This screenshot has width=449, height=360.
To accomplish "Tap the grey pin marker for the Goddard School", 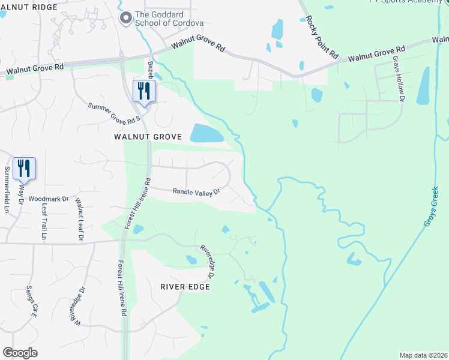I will (x=126, y=19).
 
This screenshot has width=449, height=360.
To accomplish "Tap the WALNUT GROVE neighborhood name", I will (x=148, y=137).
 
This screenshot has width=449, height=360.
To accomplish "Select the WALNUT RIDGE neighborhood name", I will (x=28, y=7).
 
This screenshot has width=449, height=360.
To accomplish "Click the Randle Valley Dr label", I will (x=197, y=192).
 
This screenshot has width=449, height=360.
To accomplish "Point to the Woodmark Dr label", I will (x=49, y=198).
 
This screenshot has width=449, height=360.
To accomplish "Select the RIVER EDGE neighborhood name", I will (x=185, y=287).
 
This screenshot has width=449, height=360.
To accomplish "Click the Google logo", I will (x=20, y=353).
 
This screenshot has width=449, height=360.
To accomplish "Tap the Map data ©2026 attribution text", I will (x=423, y=355).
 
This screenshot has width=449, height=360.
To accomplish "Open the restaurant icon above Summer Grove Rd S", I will (x=144, y=91).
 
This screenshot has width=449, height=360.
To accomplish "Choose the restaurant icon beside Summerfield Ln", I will (x=24, y=169).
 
